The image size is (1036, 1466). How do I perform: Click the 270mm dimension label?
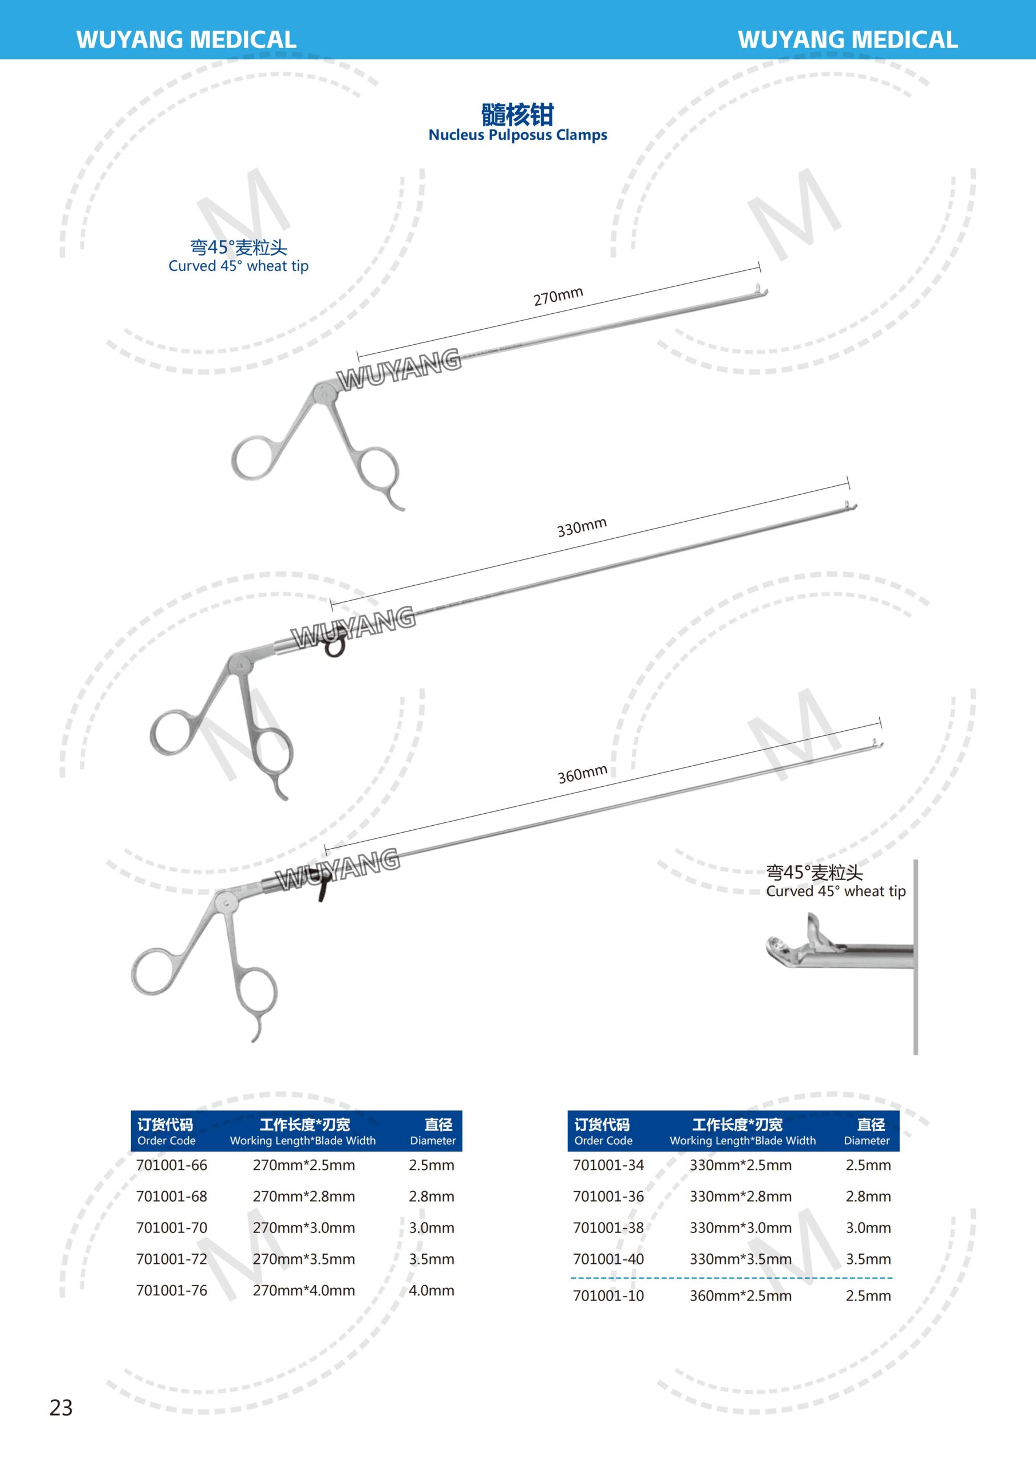(x=559, y=296)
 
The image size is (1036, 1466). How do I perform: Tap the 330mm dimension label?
(x=582, y=527)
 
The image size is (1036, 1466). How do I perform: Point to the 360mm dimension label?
(x=582, y=774)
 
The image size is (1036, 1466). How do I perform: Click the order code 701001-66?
(x=172, y=1165)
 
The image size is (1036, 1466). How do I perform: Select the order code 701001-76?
(x=172, y=1290)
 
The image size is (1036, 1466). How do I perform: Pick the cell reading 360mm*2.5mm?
(x=741, y=1296)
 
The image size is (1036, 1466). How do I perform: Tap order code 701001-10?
(x=608, y=1296)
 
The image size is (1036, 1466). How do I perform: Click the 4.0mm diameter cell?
(x=432, y=1290)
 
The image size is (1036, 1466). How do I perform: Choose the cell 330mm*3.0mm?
(x=741, y=1228)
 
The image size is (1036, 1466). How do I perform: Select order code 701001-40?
(x=608, y=1259)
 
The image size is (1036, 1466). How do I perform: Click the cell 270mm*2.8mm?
(x=304, y=1196)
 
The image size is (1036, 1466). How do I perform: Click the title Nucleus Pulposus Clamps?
(x=517, y=135)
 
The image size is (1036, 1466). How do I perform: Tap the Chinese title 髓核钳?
(x=517, y=115)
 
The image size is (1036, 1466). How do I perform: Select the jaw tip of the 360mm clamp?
(x=877, y=744)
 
